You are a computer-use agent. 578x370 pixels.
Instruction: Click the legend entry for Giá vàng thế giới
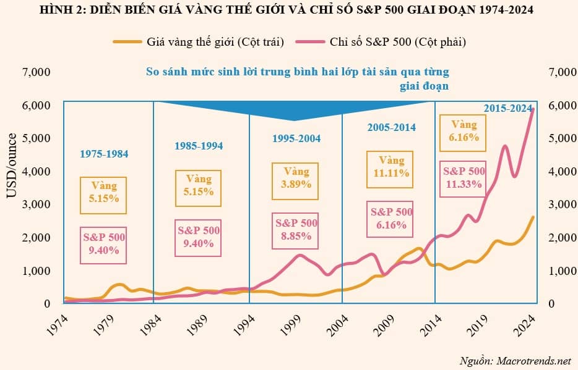coord(198,42)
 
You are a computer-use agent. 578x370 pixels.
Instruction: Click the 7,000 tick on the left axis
coord(36,72)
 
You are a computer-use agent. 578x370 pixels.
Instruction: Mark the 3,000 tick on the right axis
coord(562,204)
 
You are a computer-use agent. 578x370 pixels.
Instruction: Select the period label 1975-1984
coord(104,154)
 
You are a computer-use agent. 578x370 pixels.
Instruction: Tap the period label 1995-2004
coord(296,138)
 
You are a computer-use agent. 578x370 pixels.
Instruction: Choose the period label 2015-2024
coord(507,108)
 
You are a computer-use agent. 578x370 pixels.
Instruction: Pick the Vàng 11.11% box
coord(391,167)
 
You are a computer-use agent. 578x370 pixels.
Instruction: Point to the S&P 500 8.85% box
coord(296,230)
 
